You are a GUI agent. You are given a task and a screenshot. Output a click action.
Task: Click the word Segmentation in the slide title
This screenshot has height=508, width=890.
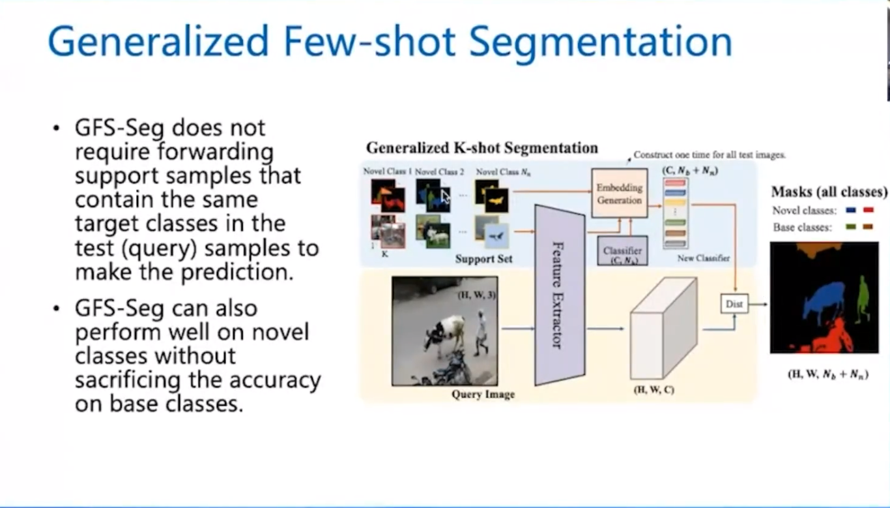coord(600,42)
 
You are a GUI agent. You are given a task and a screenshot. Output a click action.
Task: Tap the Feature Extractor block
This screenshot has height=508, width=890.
coord(559,295)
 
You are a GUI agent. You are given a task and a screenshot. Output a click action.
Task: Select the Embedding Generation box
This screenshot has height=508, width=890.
coord(620,194)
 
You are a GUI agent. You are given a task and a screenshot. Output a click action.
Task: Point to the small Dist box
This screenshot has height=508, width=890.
coord(734,303)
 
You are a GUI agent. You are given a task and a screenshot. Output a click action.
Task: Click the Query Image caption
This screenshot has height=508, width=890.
coord(483,395)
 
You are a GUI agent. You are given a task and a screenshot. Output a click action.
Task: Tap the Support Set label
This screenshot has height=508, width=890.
coord(483,259)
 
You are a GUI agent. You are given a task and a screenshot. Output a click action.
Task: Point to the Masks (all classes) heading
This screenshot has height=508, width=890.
coord(829,192)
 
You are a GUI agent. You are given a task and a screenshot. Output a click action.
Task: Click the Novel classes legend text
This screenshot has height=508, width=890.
coord(804,211)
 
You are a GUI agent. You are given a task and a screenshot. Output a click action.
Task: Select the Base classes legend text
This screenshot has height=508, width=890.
coord(802,228)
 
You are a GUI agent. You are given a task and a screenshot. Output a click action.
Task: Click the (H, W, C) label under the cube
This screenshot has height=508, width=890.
coord(653,390)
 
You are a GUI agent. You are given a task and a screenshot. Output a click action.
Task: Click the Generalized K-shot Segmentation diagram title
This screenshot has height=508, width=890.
coord(481,147)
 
